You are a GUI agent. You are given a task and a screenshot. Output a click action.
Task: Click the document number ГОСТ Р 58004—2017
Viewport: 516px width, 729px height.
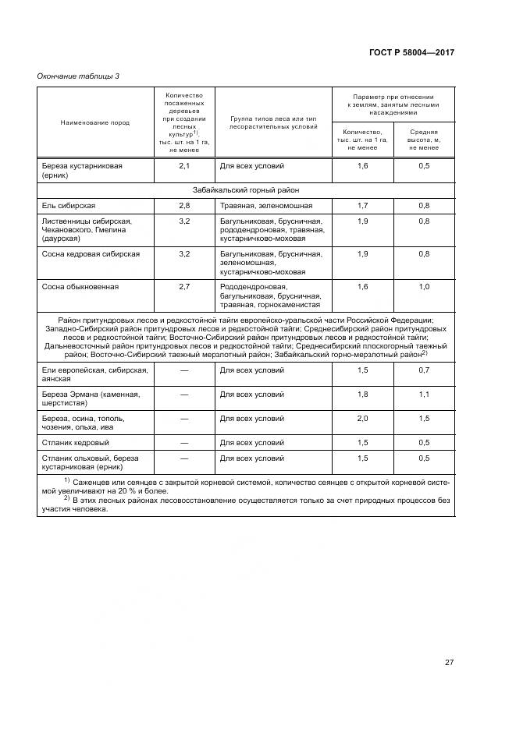click(411, 52)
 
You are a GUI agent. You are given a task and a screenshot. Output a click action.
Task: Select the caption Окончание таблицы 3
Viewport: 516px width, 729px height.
click(78, 76)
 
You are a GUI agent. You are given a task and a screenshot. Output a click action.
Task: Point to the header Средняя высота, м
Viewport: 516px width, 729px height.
click(424, 139)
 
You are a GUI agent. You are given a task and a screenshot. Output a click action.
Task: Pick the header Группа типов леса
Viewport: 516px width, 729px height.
click(273, 122)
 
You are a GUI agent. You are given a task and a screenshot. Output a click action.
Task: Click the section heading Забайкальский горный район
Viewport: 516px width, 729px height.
click(246, 189)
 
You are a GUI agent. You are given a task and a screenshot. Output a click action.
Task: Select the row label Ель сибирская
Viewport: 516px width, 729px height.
click(69, 205)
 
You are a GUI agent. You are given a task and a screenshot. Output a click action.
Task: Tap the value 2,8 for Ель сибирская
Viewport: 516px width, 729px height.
click(184, 205)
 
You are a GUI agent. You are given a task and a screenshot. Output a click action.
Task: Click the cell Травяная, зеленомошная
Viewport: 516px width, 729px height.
click(266, 205)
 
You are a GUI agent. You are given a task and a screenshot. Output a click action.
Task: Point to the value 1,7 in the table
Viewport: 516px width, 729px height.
click(362, 205)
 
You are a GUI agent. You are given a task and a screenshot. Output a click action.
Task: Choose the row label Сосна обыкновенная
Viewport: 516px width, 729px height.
click(80, 287)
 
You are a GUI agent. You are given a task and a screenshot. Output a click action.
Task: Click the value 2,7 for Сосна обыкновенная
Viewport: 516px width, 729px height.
click(184, 287)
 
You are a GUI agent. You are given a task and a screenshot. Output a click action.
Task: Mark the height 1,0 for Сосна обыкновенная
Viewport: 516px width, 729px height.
click(424, 287)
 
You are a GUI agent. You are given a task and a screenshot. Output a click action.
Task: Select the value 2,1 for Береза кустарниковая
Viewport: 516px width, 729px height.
click(184, 166)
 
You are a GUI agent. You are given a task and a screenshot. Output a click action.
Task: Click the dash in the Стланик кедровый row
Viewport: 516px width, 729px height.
click(184, 442)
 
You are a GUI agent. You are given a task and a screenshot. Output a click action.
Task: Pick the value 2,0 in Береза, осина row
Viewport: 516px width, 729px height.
click(362, 418)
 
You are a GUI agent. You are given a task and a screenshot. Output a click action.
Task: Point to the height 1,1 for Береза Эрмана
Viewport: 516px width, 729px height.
click(424, 394)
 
